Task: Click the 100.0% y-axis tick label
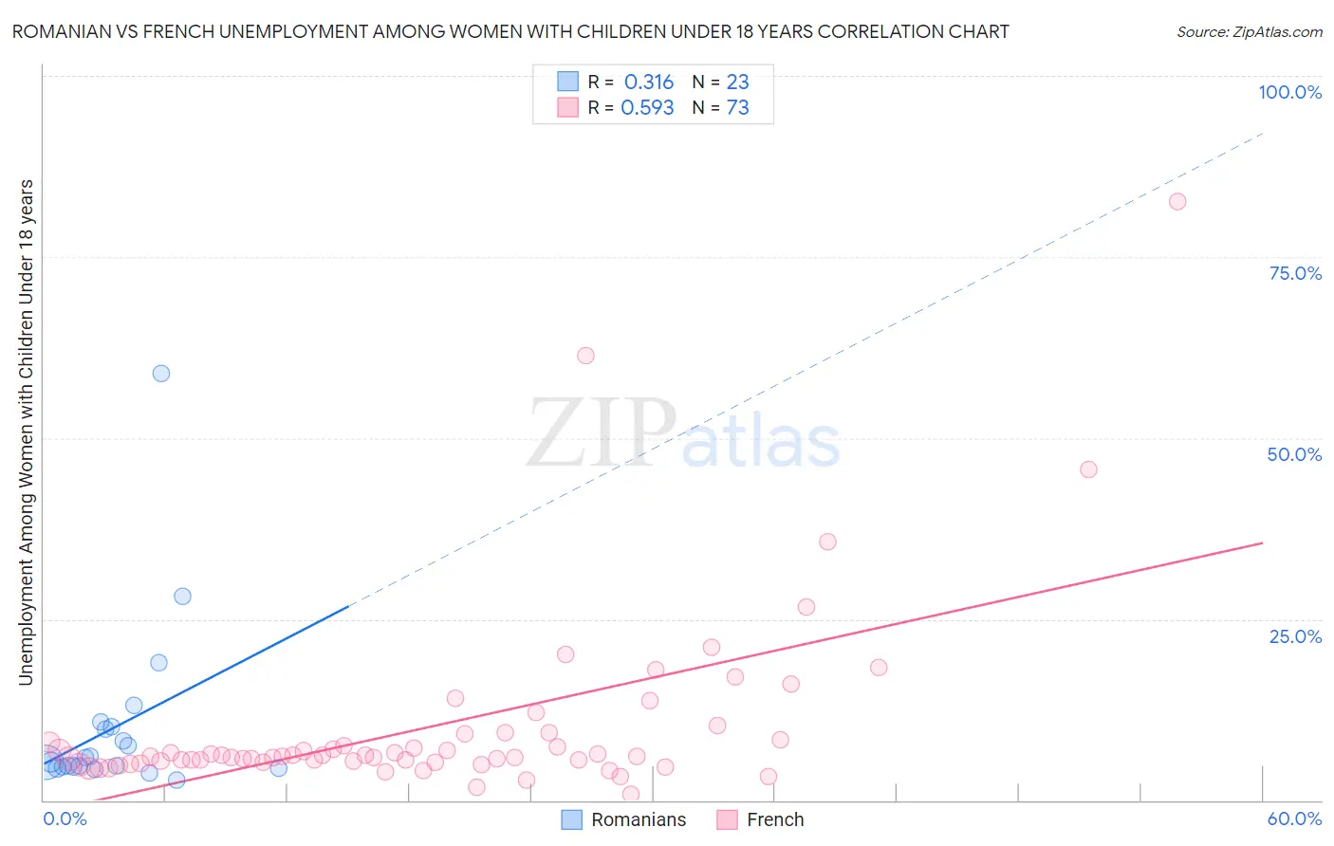pos(1289,92)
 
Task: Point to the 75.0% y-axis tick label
pos(1295,273)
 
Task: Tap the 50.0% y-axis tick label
pos(1294,454)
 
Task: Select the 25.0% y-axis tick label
pos(1295,636)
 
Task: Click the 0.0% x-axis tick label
pos(65,818)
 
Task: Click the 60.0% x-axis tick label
pos(1294,818)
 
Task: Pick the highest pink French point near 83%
pos(1177,201)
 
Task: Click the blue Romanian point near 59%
pos(161,374)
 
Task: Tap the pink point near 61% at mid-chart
pos(585,356)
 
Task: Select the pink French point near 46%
pos(1088,469)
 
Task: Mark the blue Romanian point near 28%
pos(182,597)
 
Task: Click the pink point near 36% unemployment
pos(827,542)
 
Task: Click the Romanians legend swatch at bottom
pos(571,819)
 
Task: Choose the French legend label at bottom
pos(775,819)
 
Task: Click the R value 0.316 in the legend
pos(648,83)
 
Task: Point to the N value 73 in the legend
pos(737,108)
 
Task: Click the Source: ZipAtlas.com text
pos(1249,31)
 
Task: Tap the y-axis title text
pos(26,432)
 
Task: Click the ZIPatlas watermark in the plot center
pos(683,435)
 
